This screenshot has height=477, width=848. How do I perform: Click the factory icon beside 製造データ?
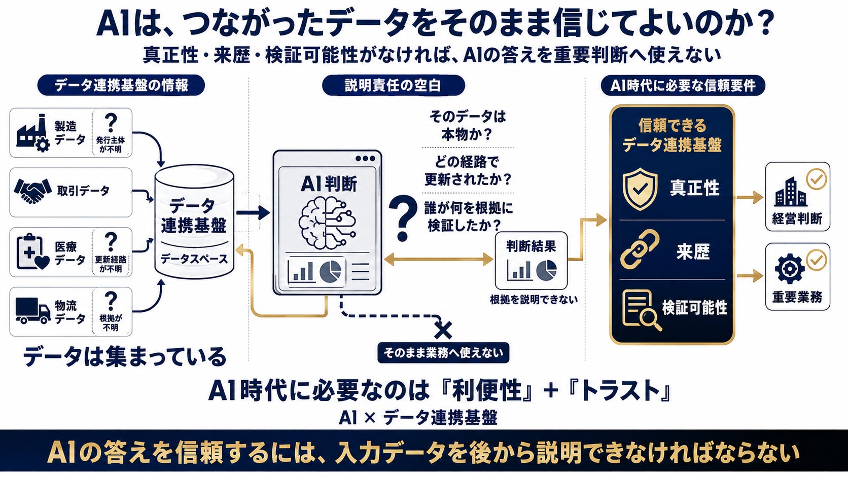coord(33,133)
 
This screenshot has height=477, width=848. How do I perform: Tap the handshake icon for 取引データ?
coord(32,191)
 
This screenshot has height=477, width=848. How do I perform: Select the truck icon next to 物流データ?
coord(33,311)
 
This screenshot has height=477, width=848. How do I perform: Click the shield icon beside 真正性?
coord(640,189)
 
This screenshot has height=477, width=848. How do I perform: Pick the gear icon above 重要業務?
coord(789,269)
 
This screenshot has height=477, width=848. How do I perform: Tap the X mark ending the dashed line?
coord(443,330)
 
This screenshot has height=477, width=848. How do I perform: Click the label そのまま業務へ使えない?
coord(443,353)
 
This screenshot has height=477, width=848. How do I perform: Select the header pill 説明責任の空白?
coord(394,85)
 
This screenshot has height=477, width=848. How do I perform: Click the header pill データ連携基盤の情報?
coord(121,85)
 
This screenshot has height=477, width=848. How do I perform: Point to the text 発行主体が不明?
coord(111,144)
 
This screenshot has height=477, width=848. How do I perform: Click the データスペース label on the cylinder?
coord(194,259)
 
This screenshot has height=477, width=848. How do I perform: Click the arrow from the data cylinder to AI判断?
coord(253,212)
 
